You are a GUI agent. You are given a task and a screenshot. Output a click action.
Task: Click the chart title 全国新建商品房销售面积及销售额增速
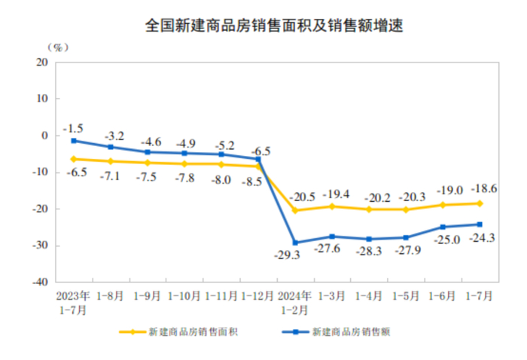point(263,26)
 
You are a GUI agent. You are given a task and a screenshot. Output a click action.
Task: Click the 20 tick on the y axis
point(42,62)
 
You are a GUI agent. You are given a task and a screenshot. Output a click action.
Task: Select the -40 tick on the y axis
point(40,282)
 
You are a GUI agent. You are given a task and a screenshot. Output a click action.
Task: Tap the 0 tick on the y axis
point(45,136)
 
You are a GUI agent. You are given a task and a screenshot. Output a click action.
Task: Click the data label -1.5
point(73,128)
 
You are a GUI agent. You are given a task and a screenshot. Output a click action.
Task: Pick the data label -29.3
point(288,255)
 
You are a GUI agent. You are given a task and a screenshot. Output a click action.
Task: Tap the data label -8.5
point(251,182)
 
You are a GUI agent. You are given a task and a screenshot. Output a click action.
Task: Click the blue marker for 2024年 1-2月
point(295,243)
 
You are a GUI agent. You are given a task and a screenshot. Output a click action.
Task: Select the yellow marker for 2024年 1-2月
point(295,210)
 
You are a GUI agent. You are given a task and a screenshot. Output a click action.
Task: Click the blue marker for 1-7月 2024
point(480,224)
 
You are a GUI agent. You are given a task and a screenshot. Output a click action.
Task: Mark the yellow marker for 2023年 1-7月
point(74,159)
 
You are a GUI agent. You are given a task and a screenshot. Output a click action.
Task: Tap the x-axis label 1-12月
point(258,296)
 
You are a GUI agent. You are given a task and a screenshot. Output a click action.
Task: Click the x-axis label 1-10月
point(184,296)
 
